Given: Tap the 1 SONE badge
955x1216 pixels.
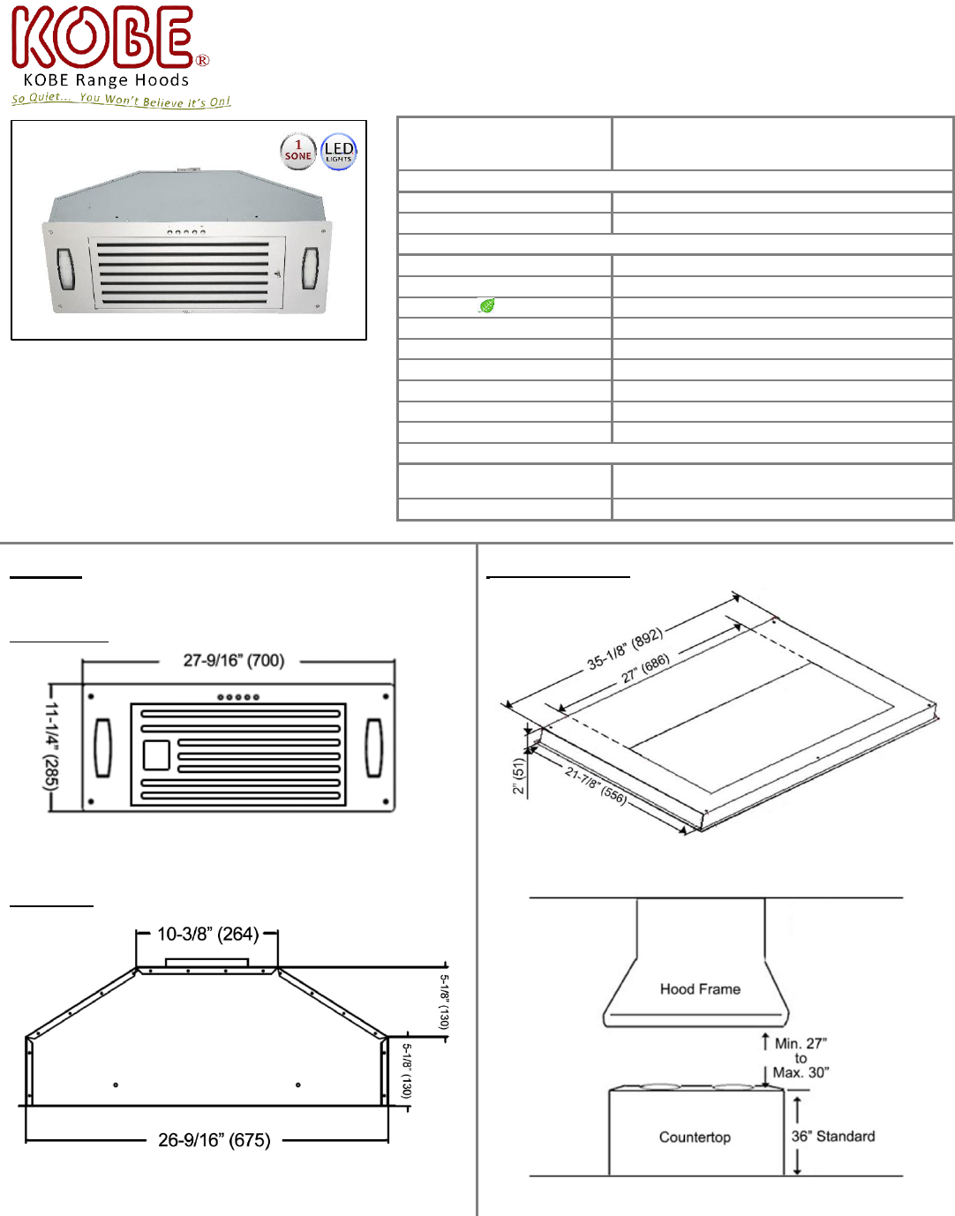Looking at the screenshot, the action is pos(297,151).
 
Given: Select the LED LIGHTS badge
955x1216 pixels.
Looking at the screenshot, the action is pos(338,152).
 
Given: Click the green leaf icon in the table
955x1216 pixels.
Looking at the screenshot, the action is pos(486,305).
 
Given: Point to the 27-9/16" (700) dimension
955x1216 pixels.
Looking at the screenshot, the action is pos(234,660).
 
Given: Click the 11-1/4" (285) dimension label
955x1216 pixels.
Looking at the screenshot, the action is pos(51,747).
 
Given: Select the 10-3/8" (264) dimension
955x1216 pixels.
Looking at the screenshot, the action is pos(208,934).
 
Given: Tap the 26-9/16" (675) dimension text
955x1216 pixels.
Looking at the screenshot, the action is pos(214,1140).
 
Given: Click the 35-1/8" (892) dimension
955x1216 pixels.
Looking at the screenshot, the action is pos(625,649).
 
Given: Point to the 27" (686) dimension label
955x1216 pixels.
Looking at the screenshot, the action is pos(645,669).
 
